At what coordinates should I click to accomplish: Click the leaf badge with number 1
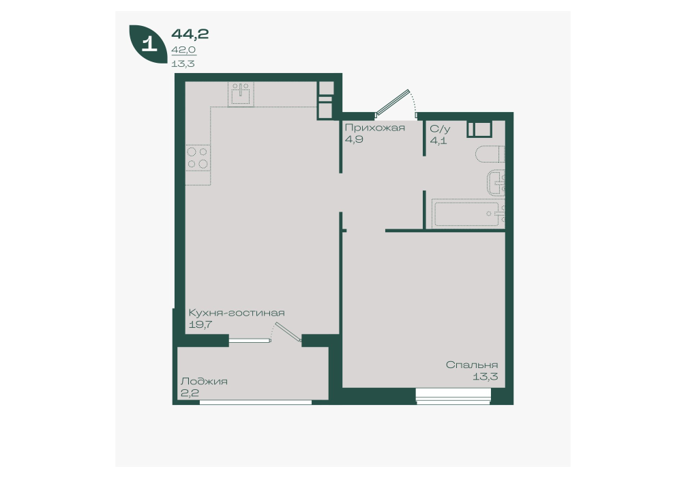pyautogui.click(x=147, y=44)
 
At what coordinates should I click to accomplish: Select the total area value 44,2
pyautogui.click(x=190, y=33)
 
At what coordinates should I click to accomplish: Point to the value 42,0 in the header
pyautogui.click(x=183, y=50)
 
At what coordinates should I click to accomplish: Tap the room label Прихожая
pyautogui.click(x=374, y=128)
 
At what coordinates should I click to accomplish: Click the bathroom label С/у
pyautogui.click(x=440, y=129)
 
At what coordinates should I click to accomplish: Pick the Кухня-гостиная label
pyautogui.click(x=236, y=312)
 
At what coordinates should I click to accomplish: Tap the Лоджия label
pyautogui.click(x=204, y=381)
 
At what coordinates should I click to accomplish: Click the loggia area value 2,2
pyautogui.click(x=190, y=393)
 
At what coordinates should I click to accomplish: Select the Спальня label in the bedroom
pyautogui.click(x=472, y=365)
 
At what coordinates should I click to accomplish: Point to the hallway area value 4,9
pyautogui.click(x=354, y=139)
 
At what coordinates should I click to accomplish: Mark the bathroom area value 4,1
pyautogui.click(x=438, y=141)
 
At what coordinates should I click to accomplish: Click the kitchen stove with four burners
pyautogui.click(x=198, y=158)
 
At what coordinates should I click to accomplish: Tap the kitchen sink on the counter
pyautogui.click(x=241, y=94)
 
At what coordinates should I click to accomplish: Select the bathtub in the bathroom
pyautogui.click(x=468, y=214)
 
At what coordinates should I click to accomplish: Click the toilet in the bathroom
pyautogui.click(x=490, y=154)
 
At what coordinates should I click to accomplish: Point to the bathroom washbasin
pyautogui.click(x=496, y=183)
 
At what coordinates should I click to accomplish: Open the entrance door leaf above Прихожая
pyautogui.click(x=393, y=102)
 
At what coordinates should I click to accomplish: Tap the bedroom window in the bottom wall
pyautogui.click(x=453, y=396)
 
